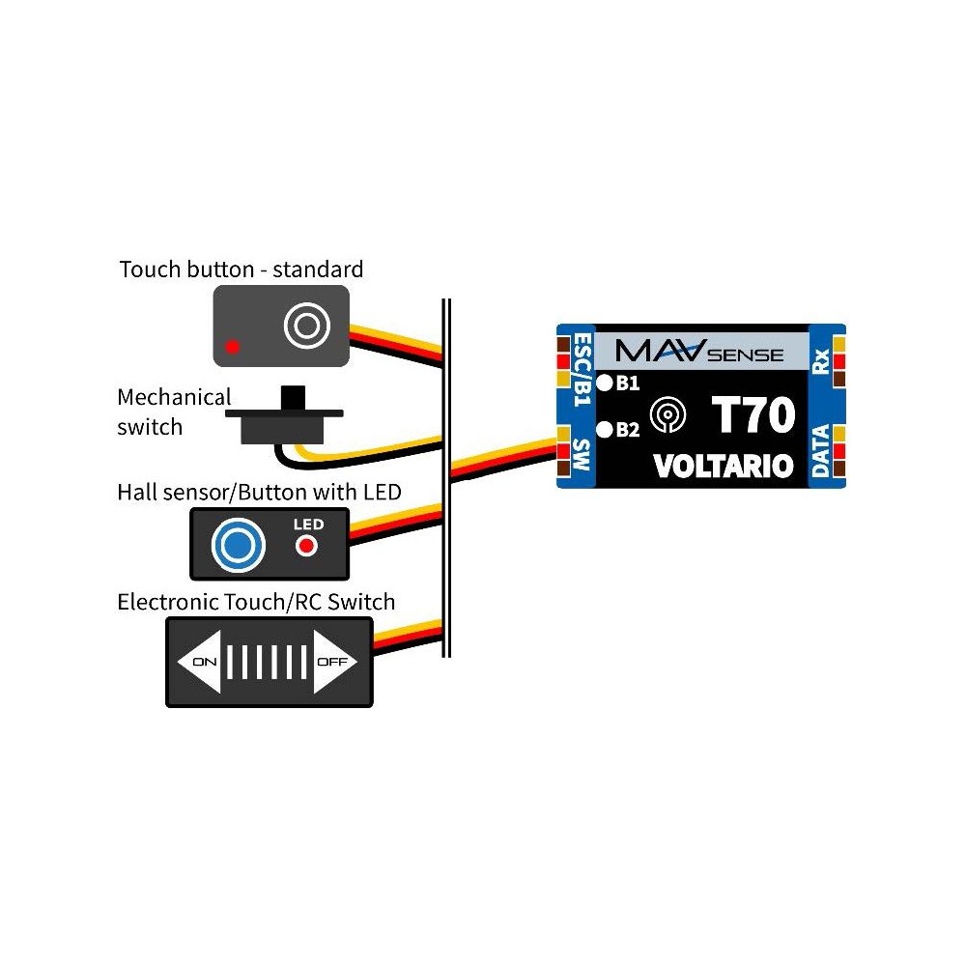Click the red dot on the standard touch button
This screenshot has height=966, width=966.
pos(232,345)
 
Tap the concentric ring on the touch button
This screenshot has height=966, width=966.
pos(305,326)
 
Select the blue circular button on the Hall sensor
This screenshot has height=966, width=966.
pos(238,544)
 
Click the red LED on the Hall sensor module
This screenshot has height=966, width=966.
pos(307,547)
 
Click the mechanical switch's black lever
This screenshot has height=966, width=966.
pos(288,398)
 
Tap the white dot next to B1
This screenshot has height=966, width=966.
pos(605,383)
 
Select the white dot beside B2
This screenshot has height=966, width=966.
pos(605,429)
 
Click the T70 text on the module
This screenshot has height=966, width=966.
pos(753,415)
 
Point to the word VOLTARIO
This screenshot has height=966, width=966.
pos(724,467)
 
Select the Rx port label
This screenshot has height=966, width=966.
pos(820,362)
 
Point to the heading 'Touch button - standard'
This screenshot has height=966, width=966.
pos(241,269)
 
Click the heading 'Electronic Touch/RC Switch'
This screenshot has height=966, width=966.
pos(256,602)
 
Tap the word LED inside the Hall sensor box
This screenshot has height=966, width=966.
pos(308,525)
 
